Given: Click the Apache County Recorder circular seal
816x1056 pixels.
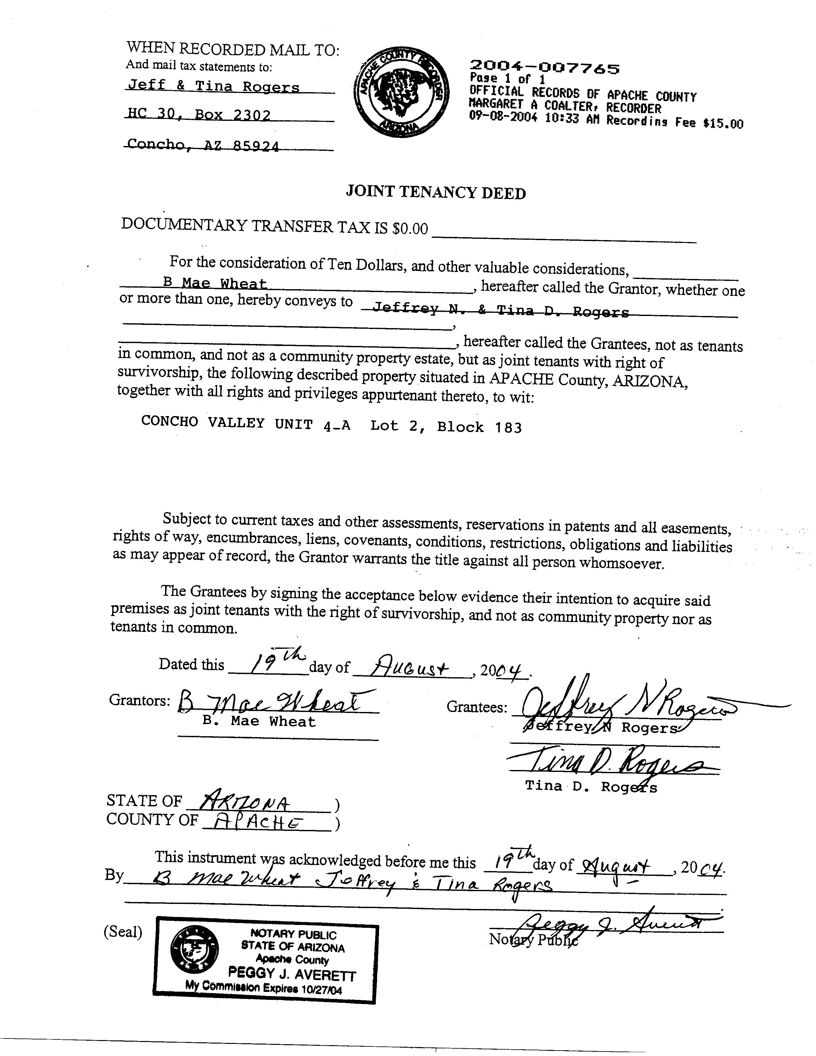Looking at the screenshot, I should point(401,92).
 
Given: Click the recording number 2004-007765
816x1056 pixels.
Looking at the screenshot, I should point(544,68).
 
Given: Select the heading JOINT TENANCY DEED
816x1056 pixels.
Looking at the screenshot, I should point(435,193).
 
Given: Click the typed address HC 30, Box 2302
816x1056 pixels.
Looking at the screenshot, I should point(199,114).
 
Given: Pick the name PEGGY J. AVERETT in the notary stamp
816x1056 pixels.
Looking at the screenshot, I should point(292,973).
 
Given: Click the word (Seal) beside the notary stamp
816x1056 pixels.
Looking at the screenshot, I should point(123,931).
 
